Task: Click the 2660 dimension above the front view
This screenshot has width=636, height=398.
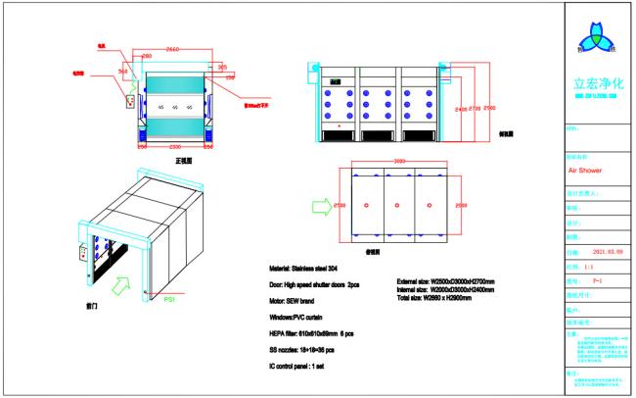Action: [x=171, y=49]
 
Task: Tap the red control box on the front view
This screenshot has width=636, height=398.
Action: [x=126, y=95]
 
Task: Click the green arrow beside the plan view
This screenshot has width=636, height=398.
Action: [x=319, y=207]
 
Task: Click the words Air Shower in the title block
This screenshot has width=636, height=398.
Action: [x=584, y=169]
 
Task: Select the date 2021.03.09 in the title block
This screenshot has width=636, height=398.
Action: [x=597, y=252]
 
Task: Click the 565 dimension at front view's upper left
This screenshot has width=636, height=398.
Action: [x=124, y=71]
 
